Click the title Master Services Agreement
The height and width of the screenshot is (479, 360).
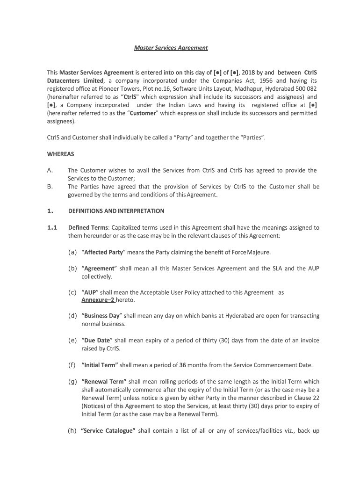tap(171, 48)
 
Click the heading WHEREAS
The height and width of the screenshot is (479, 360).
tap(60, 153)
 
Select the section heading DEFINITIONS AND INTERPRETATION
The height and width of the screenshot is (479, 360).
tap(116, 211)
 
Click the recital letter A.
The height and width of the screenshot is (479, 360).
tap(50, 170)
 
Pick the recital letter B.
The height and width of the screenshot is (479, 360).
tap(50, 187)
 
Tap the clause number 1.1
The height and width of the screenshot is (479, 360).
tap(52, 228)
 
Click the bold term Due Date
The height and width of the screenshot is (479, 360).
tap(97, 340)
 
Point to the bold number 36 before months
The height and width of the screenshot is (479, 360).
tap(183, 365)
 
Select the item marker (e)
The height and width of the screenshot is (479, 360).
tap(72, 340)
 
